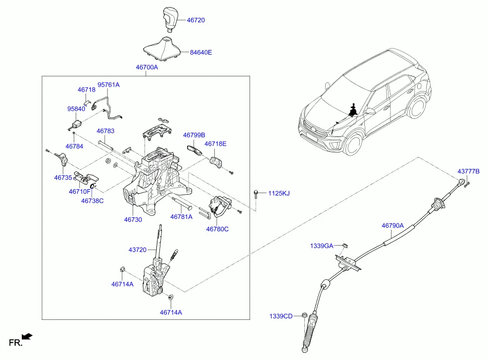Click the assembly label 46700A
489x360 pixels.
point(147,67)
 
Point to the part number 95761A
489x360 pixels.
point(108,85)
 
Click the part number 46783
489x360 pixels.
point(105,131)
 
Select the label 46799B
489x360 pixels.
point(194,135)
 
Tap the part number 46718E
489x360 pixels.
point(215,144)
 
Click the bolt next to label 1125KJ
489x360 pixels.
point(256,193)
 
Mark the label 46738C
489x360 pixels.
point(93,201)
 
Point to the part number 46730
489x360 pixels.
point(133,219)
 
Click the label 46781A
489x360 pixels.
point(181,216)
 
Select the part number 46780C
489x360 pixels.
point(217,229)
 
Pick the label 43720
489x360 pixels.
point(138,250)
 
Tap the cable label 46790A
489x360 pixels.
point(392,225)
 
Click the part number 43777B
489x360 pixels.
point(468,171)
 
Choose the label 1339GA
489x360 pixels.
point(322,246)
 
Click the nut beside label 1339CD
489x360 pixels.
point(305,315)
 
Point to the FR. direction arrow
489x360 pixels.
point(28,337)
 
